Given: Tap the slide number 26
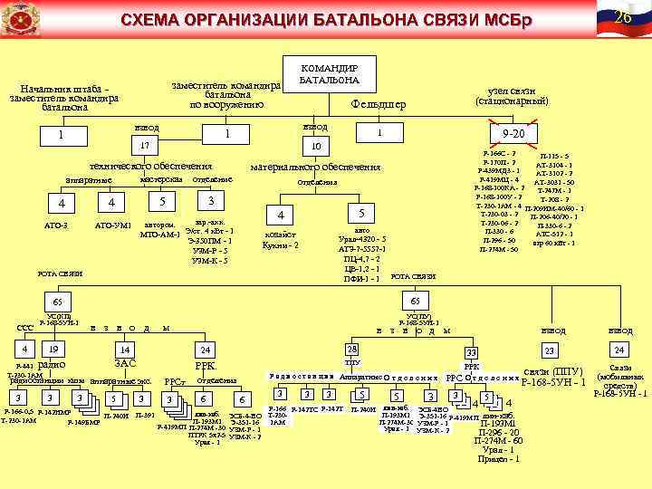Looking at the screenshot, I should (x=622, y=18).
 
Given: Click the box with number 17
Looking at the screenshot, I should (x=143, y=146).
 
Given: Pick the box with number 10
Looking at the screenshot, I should (x=316, y=146).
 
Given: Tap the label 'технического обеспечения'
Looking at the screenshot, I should (x=150, y=167).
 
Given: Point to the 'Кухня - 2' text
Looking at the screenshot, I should (x=282, y=245).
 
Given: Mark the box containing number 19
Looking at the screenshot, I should (x=53, y=349).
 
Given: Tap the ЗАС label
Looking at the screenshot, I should (x=126, y=363).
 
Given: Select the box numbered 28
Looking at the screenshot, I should (x=351, y=349).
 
